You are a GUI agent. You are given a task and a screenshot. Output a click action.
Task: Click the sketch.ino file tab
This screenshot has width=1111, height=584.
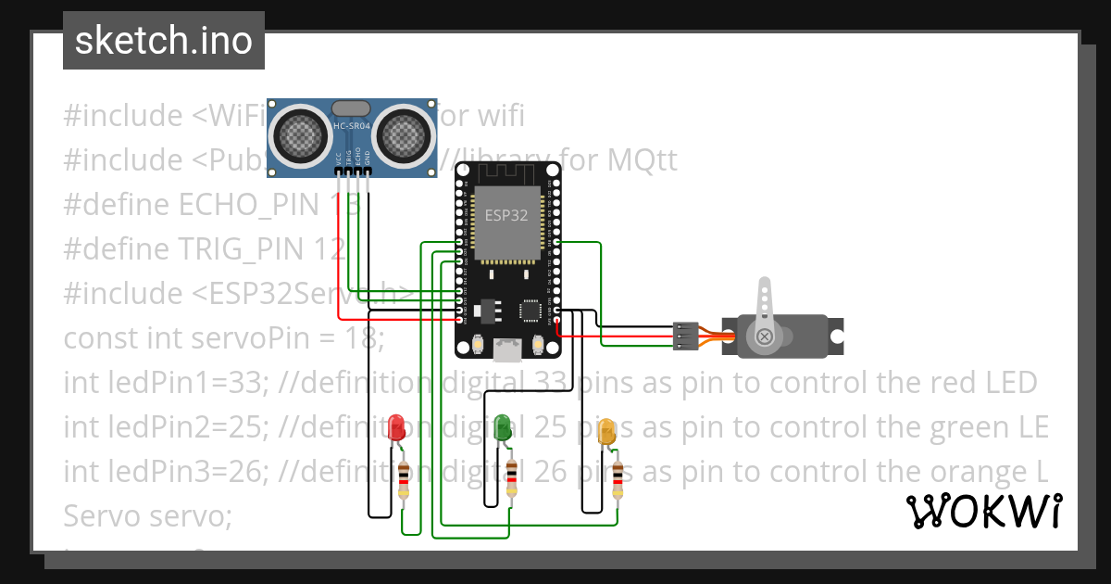[x=164, y=41]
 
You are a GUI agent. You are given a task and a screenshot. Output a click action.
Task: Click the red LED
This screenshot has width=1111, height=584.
[x=397, y=427]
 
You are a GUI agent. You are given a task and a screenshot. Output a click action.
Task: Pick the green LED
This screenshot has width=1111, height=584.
[x=504, y=427]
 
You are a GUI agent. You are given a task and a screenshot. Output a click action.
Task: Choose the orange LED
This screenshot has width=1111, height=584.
[x=607, y=431]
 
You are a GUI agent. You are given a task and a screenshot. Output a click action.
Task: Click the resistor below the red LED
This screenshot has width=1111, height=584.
[x=404, y=479]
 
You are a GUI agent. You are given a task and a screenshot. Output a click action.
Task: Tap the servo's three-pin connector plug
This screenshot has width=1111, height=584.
[x=685, y=336]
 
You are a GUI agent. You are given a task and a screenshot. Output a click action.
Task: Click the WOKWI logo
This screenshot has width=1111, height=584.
[x=983, y=511]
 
